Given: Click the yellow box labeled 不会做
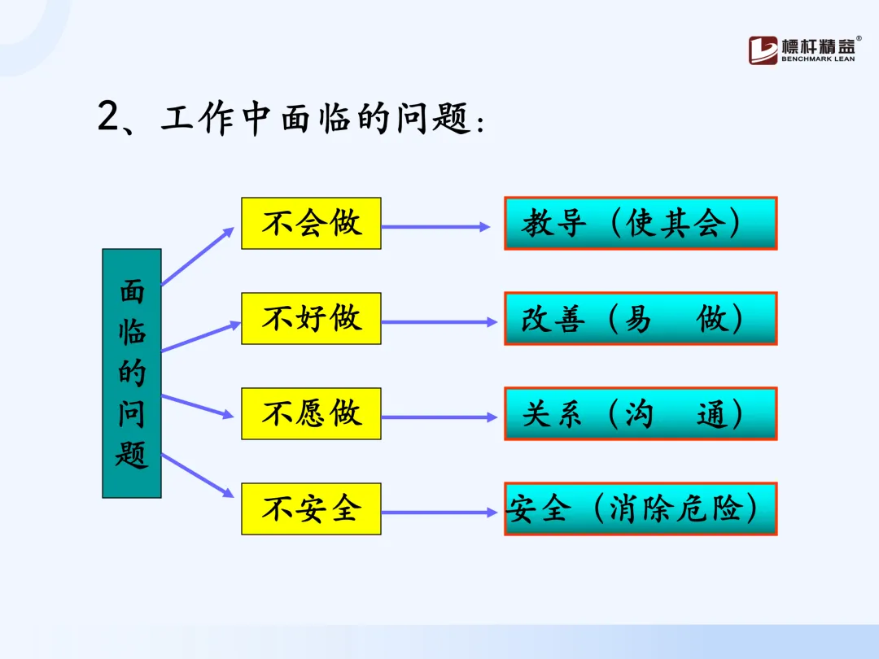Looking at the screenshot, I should coord(311,223).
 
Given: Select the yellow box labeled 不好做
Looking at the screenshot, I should coord(311,318).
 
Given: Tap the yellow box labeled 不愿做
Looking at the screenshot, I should coord(311,413).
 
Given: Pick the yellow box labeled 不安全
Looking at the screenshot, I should coord(311,508).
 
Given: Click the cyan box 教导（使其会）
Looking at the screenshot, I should coord(641,223).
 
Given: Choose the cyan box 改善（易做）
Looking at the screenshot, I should coord(641,318).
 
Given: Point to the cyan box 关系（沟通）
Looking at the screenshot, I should coord(641,414).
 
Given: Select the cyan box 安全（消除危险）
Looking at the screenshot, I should coord(641,508).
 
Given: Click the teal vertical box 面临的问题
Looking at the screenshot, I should coord(132,373).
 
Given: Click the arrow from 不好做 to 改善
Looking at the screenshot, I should coord(439,322).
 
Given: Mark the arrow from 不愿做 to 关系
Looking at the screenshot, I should coord(439,417).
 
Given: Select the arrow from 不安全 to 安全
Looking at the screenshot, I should coord(439,513).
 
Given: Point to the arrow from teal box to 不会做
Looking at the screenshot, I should coord(198,256).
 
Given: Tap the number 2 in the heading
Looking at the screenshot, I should coord(109,118).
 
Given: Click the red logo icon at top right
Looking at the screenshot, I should coord(763,50).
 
